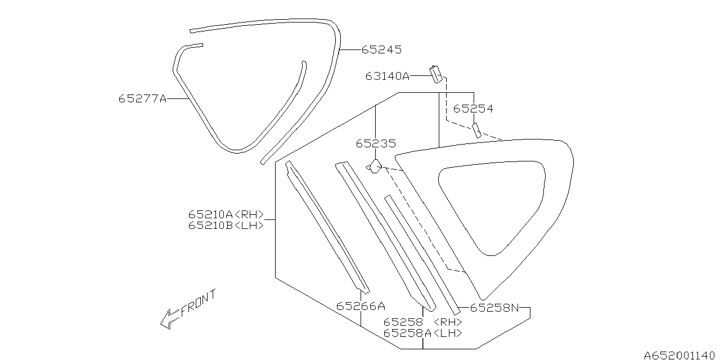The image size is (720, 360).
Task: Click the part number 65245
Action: click(x=381, y=49)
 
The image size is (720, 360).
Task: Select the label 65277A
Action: click(x=143, y=98)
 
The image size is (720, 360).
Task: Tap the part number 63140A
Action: click(x=388, y=76)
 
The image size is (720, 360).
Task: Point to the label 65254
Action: click(x=473, y=109)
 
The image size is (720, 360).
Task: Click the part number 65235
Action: click(x=376, y=144)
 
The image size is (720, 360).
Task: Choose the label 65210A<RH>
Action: click(x=226, y=214)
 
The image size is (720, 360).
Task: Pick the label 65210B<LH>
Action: click(x=226, y=226)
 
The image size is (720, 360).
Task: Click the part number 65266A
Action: click(x=361, y=306)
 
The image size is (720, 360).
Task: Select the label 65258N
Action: click(x=494, y=308)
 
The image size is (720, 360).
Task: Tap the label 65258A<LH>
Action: click(x=423, y=333)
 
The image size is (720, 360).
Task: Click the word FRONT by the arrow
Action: click(x=199, y=304)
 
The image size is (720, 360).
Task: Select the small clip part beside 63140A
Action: click(x=436, y=73)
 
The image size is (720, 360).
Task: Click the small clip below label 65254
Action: click(x=477, y=130)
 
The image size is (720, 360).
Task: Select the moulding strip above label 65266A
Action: click(x=326, y=225)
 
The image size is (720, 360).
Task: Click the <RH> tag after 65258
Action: click(x=448, y=322)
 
